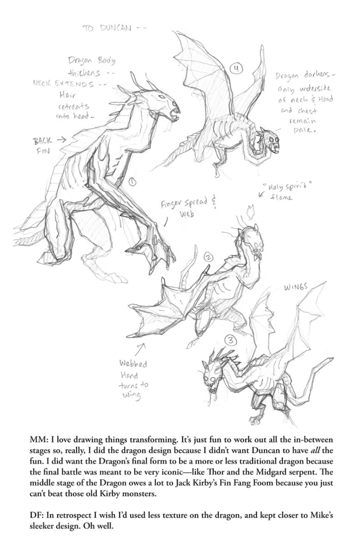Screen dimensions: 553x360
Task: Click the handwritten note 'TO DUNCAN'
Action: click(x=107, y=29)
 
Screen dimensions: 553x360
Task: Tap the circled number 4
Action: click(x=236, y=69)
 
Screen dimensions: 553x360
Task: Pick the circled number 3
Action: click(x=231, y=341)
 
